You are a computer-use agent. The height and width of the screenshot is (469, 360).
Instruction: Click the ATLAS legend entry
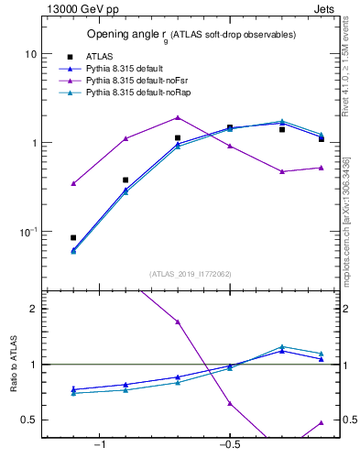click(x=98, y=56)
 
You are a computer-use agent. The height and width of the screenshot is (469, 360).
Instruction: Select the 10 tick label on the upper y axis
click(x=30, y=54)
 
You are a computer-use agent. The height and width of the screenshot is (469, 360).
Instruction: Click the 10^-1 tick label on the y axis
click(x=27, y=232)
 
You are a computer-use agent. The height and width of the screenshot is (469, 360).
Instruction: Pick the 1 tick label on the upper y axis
click(x=33, y=143)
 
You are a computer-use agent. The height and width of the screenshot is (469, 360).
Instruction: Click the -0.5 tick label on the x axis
click(x=229, y=445)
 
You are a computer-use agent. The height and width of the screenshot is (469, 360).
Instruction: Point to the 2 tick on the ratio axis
click(x=33, y=310)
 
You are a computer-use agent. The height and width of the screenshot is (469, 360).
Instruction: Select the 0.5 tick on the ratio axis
click(x=29, y=420)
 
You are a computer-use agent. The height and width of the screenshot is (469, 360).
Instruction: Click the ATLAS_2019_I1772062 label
click(x=191, y=274)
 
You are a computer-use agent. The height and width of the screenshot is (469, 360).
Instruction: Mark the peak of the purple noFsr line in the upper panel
click(x=178, y=117)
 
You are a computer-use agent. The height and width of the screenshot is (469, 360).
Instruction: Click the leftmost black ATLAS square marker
click(x=73, y=237)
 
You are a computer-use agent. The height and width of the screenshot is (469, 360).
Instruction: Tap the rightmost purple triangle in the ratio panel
click(x=322, y=422)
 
